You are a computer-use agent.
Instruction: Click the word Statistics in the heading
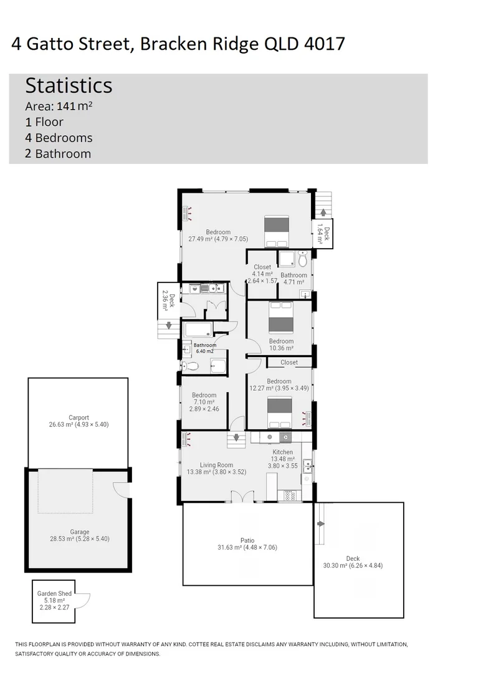point(69,85)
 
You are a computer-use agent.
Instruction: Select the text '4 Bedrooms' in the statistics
point(59,138)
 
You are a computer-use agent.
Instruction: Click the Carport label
point(79,418)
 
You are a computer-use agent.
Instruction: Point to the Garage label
point(79,532)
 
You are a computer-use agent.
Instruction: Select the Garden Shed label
point(54,594)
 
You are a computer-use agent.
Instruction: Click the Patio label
point(247,540)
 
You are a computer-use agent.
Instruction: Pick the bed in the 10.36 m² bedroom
point(280,318)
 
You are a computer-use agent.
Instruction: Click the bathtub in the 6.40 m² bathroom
point(199,329)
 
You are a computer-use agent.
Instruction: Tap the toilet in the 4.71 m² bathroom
point(303,259)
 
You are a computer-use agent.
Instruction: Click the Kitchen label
point(282,452)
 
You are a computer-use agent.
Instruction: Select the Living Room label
point(216,465)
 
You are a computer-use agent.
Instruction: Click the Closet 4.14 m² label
point(262,267)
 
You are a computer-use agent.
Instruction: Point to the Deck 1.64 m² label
point(323,232)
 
